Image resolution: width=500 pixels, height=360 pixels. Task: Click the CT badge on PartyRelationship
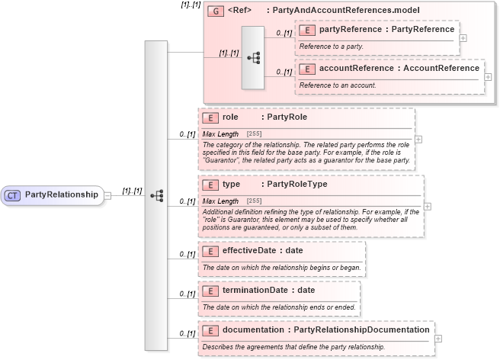click(x=12, y=194)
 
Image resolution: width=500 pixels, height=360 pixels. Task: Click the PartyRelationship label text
click(x=62, y=194)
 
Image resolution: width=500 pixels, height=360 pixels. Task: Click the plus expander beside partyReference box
click(x=463, y=37)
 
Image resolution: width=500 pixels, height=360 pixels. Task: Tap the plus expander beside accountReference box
click(x=488, y=77)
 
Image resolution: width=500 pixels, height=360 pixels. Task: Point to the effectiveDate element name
click(x=255, y=250)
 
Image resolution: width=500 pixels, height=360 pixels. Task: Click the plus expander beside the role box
click(x=418, y=140)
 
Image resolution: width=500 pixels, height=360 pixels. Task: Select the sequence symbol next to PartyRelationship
click(x=156, y=195)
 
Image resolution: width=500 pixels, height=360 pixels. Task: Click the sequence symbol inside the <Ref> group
click(x=253, y=57)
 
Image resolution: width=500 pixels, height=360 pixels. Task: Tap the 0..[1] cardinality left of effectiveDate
click(x=187, y=253)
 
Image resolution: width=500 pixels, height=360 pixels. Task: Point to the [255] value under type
click(x=255, y=201)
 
